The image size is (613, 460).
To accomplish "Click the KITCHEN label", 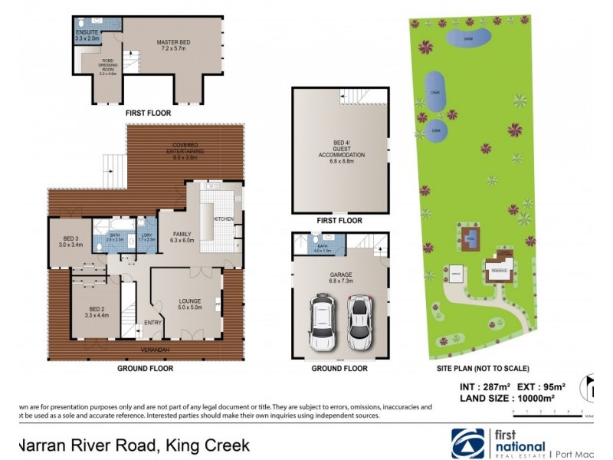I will pos(223,219).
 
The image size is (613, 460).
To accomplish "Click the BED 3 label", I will pos(70,242).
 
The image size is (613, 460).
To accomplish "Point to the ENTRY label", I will pos(153,323).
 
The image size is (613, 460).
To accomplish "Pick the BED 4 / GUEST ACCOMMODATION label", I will pos(341,149).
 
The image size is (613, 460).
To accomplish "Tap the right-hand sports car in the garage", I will pos(359,320).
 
